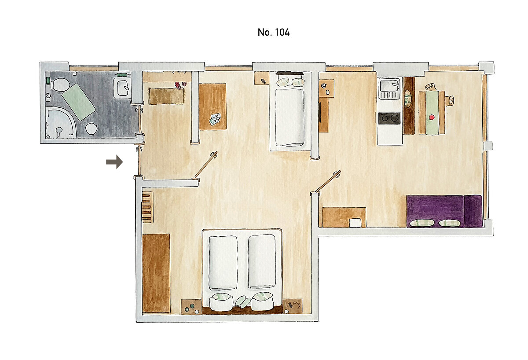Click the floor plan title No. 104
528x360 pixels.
(273, 32)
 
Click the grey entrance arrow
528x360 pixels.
(114, 162)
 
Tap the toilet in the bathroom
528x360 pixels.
(60, 85)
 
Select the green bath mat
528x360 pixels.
(79, 102)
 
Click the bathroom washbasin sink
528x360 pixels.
(122, 88)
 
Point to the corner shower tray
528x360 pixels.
(60, 123)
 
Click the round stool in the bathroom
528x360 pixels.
(91, 129)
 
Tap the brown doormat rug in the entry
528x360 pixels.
(166, 96)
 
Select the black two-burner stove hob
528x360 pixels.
(389, 118)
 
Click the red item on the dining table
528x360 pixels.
(432, 117)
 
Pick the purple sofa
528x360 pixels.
(444, 211)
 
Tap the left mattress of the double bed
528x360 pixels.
(223, 263)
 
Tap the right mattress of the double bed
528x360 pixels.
(262, 261)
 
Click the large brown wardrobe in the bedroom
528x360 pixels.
(156, 273)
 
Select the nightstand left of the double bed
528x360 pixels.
(191, 306)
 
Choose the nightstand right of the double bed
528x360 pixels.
(293, 306)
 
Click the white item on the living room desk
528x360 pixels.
(355, 222)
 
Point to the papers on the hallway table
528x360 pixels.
(215, 120)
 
